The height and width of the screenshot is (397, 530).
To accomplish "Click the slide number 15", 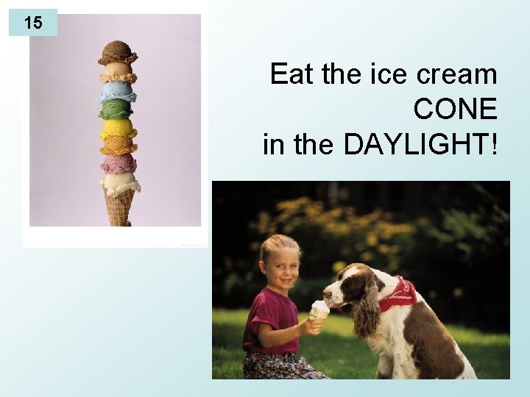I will click(x=32, y=23).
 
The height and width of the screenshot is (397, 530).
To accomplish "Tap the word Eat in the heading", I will click(x=288, y=74).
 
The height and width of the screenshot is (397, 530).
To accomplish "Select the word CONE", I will click(x=455, y=110).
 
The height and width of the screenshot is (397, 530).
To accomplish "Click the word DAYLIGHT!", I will click(x=420, y=144).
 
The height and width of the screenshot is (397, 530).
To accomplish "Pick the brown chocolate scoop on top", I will click(x=118, y=52).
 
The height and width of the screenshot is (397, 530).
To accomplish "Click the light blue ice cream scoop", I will click(x=118, y=92).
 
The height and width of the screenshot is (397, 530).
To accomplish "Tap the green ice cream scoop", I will click(x=117, y=110).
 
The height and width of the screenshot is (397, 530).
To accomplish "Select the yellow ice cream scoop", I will click(x=118, y=129).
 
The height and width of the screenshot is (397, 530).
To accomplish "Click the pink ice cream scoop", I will click(x=118, y=163).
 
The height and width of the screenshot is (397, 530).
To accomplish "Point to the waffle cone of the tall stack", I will click(x=117, y=207).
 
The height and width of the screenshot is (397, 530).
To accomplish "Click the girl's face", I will click(x=281, y=263).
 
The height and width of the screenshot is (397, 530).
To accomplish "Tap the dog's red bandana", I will click(x=397, y=294).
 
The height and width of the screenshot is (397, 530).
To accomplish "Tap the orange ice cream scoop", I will click(x=118, y=146).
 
